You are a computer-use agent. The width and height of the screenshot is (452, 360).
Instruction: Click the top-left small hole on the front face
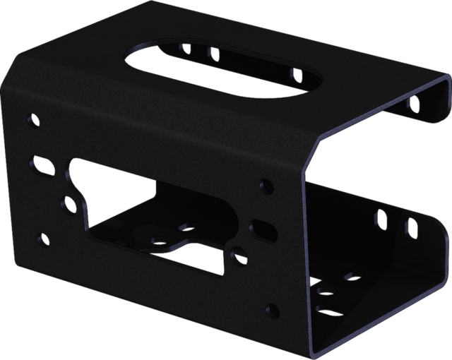[x=34, y=118]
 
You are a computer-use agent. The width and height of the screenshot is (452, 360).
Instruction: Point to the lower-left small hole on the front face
[x=46, y=237]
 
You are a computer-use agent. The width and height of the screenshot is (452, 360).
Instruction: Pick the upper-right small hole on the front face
[x=266, y=186]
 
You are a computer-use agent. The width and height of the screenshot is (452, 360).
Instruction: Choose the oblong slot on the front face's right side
[x=264, y=228]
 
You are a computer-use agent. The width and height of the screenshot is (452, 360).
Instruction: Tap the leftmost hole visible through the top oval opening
[x=186, y=49]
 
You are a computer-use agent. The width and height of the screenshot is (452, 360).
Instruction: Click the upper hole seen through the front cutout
[x=186, y=227]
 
